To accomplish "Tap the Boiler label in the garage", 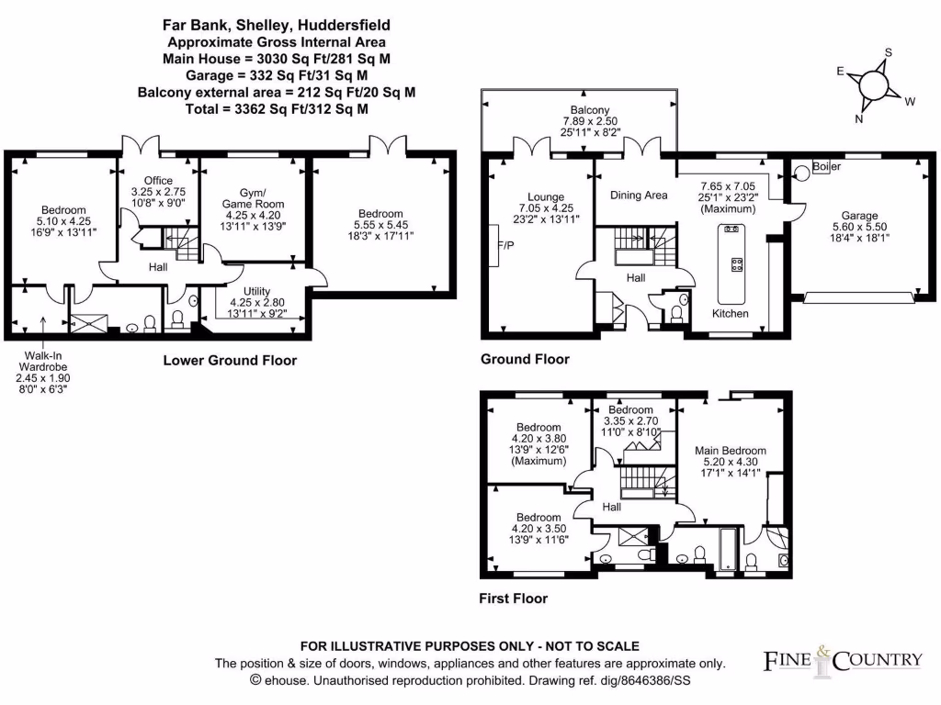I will (x=826, y=167).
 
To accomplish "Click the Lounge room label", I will (x=545, y=196).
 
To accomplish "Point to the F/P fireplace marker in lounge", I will (x=505, y=247).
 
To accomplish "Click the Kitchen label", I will (x=731, y=314).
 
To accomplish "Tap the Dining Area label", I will (x=639, y=196).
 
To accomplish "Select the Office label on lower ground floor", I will (x=157, y=180).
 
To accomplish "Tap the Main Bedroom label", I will (x=731, y=451).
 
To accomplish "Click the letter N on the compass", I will (x=858, y=118).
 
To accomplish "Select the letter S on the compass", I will (x=888, y=52).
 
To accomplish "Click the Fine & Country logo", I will (x=843, y=660).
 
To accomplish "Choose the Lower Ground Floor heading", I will (x=230, y=361).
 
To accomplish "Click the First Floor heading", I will (x=514, y=599).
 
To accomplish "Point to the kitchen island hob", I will (x=735, y=265).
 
